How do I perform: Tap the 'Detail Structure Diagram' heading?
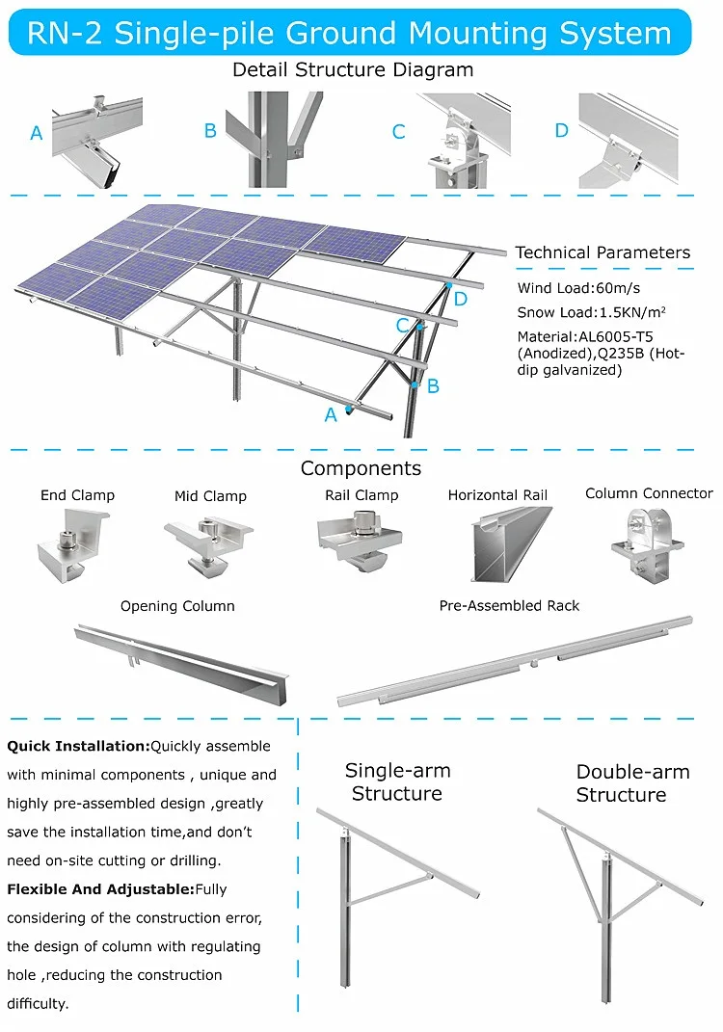click(x=353, y=69)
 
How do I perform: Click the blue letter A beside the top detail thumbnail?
click(x=37, y=134)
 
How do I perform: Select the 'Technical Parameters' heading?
click(x=602, y=252)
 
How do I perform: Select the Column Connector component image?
click(x=647, y=544)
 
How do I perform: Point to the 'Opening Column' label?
click(x=177, y=606)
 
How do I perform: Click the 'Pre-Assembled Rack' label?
click(x=509, y=606)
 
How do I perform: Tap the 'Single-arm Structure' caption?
click(x=397, y=782)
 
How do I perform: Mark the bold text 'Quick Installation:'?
click(x=78, y=746)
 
